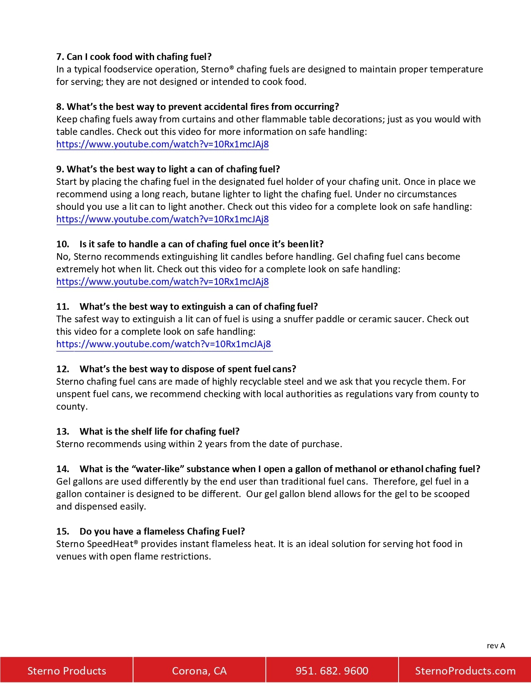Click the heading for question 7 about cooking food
[x=134, y=57]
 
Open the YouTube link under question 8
[x=162, y=144]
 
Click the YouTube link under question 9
[x=162, y=219]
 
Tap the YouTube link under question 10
[x=162, y=282]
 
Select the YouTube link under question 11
[x=164, y=344]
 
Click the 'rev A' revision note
[x=496, y=646]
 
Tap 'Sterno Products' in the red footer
[x=67, y=671]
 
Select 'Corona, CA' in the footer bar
[x=199, y=671]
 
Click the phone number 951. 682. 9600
[x=332, y=671]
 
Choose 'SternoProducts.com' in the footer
[x=465, y=671]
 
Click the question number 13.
[x=62, y=431]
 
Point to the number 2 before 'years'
[x=200, y=444]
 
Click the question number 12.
[x=62, y=369]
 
